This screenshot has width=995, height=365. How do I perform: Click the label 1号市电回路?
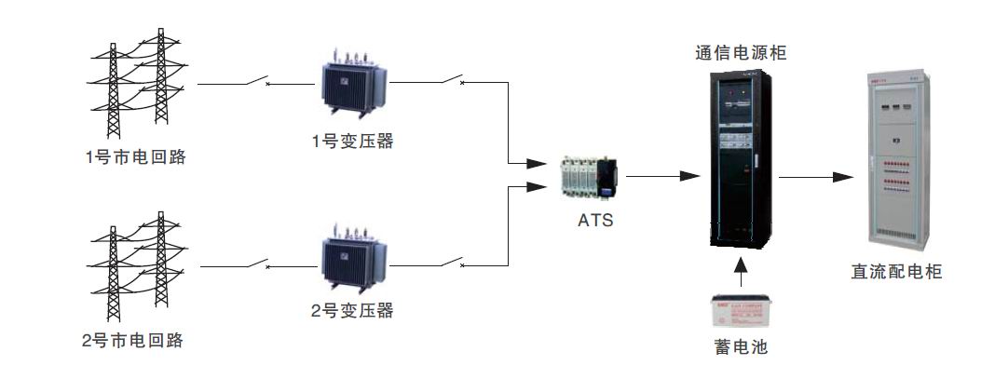(x=136, y=156)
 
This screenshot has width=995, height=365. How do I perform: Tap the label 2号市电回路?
(x=132, y=340)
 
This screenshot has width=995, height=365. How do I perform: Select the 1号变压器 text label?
(x=352, y=141)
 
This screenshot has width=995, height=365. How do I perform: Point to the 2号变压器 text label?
(x=352, y=310)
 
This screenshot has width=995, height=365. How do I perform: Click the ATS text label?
(x=595, y=221)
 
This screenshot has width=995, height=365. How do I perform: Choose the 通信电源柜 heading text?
(x=741, y=52)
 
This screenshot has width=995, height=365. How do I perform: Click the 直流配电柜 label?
(x=896, y=272)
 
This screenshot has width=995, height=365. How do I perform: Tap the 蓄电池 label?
(x=741, y=346)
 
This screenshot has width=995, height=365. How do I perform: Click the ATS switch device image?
(x=590, y=177)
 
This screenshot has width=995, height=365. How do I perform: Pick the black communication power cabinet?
(x=740, y=158)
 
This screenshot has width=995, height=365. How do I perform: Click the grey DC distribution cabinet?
(x=898, y=162)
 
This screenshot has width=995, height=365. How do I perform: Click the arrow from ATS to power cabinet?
(x=662, y=176)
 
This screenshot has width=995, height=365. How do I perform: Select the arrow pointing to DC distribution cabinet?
(x=816, y=177)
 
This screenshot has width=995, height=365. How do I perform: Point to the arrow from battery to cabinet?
(x=742, y=272)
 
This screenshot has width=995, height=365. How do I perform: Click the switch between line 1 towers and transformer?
(x=258, y=80)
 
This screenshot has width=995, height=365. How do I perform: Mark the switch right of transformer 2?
(x=453, y=261)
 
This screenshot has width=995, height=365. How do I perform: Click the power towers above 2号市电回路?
(x=136, y=266)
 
